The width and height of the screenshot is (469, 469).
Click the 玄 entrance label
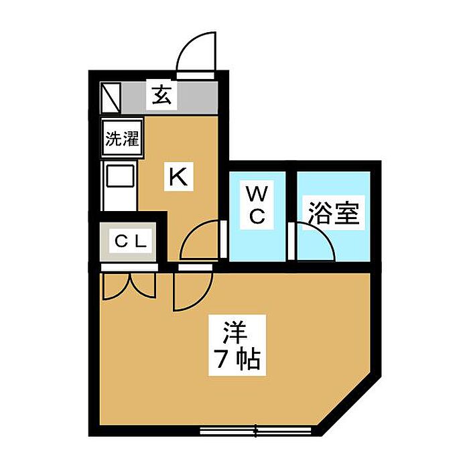point(161,96)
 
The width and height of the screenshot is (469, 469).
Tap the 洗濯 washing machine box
point(121,139)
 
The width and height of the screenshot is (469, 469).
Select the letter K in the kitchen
point(178,177)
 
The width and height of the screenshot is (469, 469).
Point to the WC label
point(258,206)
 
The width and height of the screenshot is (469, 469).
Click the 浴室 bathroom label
point(334,214)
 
